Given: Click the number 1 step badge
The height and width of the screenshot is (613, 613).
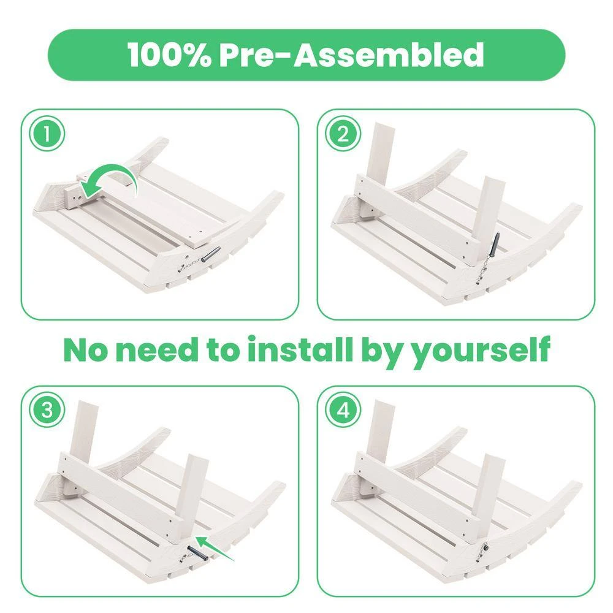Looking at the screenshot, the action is click(x=47, y=134).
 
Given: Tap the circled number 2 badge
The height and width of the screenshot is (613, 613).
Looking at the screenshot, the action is click(x=343, y=134).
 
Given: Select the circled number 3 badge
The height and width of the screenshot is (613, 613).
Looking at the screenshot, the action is click(x=47, y=411).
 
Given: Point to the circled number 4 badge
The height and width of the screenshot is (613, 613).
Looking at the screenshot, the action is click(x=343, y=411).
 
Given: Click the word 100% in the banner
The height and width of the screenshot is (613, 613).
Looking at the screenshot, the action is click(x=169, y=55).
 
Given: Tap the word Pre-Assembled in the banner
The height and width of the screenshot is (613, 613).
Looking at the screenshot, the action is click(x=351, y=55).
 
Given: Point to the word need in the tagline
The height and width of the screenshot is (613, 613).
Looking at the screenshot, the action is click(x=158, y=350).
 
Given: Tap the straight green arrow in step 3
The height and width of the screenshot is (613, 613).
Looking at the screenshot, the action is click(x=214, y=548).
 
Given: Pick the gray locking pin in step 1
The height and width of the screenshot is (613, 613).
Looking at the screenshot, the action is click(x=211, y=254).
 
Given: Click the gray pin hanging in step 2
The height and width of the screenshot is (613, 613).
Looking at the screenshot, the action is click(x=495, y=245).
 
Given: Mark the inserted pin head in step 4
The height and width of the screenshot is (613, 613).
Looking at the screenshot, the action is click(x=485, y=548).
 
